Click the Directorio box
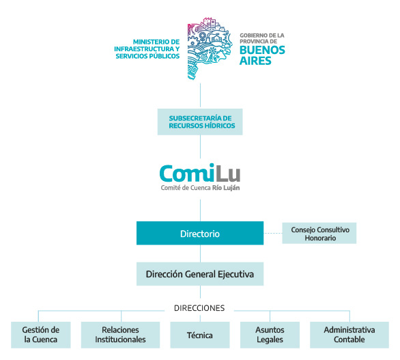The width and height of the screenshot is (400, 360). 200,233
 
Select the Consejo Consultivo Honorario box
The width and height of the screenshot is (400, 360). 319,233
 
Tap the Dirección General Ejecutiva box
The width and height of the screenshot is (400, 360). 200,274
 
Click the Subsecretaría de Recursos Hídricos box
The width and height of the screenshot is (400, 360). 200,122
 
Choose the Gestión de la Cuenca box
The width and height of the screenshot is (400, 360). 41,335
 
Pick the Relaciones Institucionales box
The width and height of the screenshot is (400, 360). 120,335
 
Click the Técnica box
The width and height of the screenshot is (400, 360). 200,335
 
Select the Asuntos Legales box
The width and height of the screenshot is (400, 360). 270,335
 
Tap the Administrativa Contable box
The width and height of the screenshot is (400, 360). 349,335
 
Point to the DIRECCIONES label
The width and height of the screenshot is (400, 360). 199,308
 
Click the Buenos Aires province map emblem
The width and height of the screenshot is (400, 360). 210,49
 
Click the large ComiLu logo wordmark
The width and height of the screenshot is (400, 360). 200,173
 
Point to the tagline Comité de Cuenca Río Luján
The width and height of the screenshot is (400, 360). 200,188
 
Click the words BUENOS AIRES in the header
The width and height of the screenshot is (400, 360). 262,55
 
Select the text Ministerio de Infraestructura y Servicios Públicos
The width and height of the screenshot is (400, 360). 147,49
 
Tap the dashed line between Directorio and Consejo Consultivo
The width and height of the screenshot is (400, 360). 273,233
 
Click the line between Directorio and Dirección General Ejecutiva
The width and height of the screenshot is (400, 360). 200,253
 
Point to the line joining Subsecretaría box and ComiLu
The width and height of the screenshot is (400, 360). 200,147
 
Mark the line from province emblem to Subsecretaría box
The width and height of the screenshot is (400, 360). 200,95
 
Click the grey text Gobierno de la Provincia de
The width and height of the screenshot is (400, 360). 262,38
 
